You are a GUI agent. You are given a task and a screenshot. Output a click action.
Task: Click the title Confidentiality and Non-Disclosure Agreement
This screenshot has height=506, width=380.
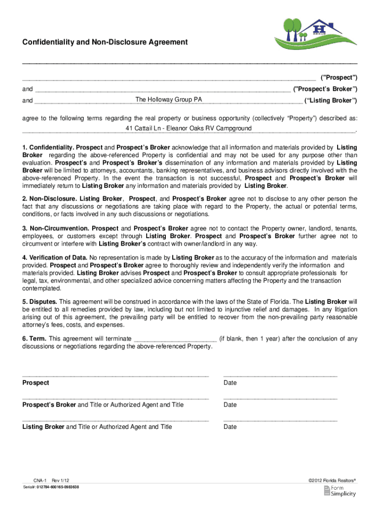[105, 42]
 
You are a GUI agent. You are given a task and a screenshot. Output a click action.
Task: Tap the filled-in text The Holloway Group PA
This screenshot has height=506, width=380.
[169, 99]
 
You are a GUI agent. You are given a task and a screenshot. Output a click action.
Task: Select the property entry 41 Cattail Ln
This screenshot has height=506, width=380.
[189, 128]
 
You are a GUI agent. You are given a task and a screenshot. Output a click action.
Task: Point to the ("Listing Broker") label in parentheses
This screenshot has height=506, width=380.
[331, 100]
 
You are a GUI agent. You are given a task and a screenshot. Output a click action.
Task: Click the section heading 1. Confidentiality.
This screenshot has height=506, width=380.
[48, 148]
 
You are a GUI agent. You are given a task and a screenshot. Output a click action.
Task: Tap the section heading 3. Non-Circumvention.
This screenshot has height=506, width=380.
[55, 228]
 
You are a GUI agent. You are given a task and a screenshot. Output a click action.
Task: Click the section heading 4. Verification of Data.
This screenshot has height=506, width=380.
[55, 258]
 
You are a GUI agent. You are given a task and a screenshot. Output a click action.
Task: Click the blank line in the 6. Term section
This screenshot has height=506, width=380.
[175, 339]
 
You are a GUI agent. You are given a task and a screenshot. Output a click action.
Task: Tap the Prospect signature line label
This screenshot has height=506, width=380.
[36, 383]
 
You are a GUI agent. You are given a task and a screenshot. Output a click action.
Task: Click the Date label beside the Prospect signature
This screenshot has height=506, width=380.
[230, 383]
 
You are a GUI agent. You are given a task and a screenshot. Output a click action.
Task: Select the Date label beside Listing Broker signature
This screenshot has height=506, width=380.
[230, 427]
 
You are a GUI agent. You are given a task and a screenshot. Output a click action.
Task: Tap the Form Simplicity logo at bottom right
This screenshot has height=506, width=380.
[340, 491]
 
